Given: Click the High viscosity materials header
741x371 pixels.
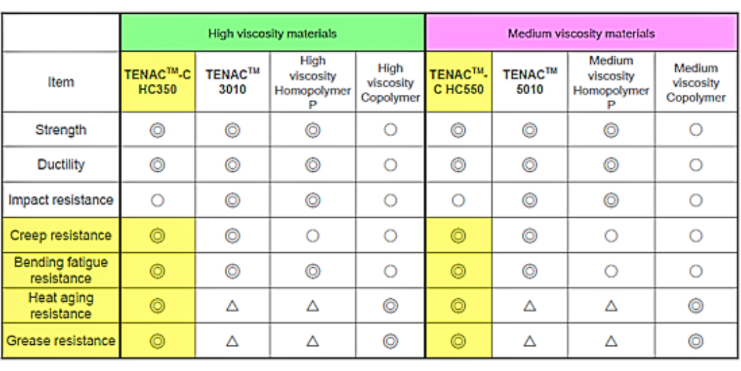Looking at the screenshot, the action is [x=272, y=34].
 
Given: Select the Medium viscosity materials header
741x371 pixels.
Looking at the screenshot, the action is [x=581, y=34].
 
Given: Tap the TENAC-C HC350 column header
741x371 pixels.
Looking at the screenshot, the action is [x=158, y=82].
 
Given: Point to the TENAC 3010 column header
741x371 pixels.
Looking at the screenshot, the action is [x=233, y=82].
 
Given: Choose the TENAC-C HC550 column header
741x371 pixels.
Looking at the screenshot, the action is [x=458, y=82].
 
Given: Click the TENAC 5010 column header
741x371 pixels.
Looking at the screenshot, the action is [x=530, y=82].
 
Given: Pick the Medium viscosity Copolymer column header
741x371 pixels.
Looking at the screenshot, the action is [x=696, y=83].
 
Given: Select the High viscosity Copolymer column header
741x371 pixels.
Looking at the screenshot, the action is [x=390, y=83].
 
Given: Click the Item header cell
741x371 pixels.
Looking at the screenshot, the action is [x=61, y=82].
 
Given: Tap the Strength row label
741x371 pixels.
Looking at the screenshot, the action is [x=61, y=130].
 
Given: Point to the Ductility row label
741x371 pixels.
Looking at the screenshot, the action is [x=61, y=165].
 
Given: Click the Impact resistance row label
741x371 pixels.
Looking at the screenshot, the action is [x=61, y=200].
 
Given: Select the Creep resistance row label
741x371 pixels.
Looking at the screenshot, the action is [x=61, y=235].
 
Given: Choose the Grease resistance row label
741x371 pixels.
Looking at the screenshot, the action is [x=61, y=341].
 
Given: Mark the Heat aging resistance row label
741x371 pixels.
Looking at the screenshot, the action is [x=61, y=306].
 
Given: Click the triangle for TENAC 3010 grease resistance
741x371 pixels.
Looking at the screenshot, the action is [x=232, y=341].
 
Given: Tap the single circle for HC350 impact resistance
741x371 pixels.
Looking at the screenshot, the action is [x=157, y=200].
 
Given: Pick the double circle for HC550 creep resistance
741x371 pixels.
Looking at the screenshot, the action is [x=458, y=235].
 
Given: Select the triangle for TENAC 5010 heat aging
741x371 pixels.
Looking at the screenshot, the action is [x=529, y=306].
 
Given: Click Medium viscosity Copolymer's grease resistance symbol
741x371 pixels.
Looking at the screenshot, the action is [x=696, y=341].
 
